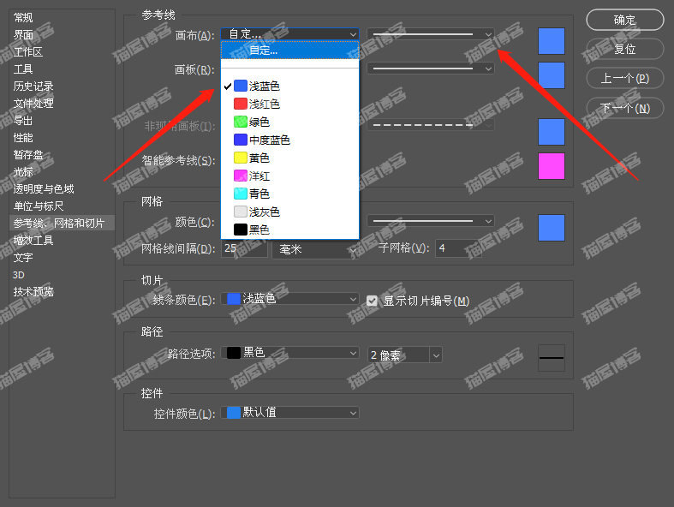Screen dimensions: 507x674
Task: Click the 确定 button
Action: click(624, 20)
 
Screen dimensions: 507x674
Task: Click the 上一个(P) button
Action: click(624, 79)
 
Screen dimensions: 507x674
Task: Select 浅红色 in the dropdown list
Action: click(264, 104)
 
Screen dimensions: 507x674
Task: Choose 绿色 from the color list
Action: click(259, 122)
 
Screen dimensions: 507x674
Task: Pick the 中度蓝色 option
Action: click(269, 140)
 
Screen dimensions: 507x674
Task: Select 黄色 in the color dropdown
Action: click(259, 158)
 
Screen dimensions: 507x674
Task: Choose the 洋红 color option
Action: click(259, 176)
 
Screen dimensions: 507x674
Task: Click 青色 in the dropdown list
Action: click(259, 194)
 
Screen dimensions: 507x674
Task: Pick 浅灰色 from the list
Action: click(264, 212)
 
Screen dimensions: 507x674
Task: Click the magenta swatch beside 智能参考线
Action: click(551, 166)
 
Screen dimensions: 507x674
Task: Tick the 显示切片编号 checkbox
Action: click(372, 301)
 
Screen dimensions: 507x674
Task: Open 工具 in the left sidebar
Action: click(23, 69)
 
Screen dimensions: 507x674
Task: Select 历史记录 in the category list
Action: click(33, 86)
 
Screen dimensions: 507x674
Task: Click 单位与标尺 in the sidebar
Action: click(39, 206)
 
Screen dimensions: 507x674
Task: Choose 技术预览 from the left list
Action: click(33, 292)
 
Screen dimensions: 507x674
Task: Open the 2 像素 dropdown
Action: click(404, 355)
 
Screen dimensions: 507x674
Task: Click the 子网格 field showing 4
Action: click(457, 248)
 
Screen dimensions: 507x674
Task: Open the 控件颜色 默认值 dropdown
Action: click(290, 413)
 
